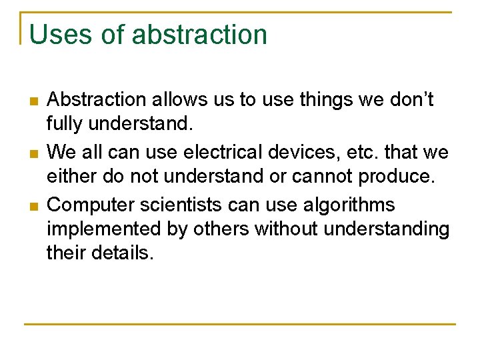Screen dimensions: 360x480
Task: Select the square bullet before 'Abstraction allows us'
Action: tap(33, 101)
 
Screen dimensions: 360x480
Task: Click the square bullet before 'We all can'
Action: tap(33, 154)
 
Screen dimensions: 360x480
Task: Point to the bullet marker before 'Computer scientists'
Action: tap(33, 206)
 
